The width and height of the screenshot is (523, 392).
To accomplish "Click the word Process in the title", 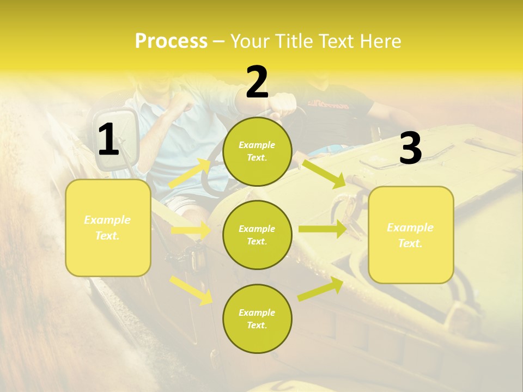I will pyautogui.click(x=171, y=41).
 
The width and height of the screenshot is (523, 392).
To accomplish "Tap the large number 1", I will pyautogui.click(x=108, y=140).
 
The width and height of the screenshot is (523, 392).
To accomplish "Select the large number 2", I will pyautogui.click(x=257, y=82).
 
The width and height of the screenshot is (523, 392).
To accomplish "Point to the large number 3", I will pyautogui.click(x=410, y=149).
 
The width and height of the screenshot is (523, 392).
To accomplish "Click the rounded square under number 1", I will pyautogui.click(x=108, y=228).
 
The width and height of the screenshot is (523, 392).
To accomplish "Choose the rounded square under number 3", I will pyautogui.click(x=411, y=235).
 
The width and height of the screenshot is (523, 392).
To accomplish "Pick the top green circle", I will pyautogui.click(x=257, y=151).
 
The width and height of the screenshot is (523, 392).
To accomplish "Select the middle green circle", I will pyautogui.click(x=257, y=235).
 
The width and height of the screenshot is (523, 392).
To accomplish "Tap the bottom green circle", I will pyautogui.click(x=257, y=318).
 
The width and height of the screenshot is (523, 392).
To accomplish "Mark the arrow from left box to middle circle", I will pyautogui.click(x=191, y=230).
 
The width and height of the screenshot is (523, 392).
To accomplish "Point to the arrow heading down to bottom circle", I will pyautogui.click(x=192, y=290).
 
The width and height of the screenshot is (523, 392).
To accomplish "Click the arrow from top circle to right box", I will pyautogui.click(x=324, y=172).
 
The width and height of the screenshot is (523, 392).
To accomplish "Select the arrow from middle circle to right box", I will pyautogui.click(x=322, y=229).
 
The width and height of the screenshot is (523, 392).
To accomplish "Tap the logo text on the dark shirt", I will pyautogui.click(x=329, y=103).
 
